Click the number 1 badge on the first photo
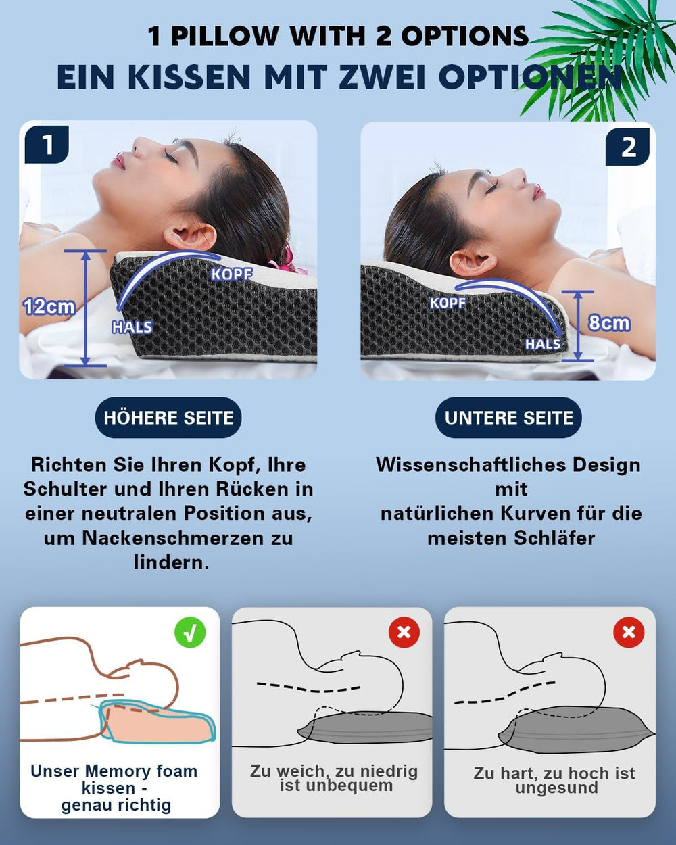(x=47, y=144)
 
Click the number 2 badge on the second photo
(x=628, y=147)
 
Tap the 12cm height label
(x=49, y=306)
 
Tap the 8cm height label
(x=608, y=323)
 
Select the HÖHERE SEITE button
(x=168, y=418)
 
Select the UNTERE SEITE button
(x=508, y=418)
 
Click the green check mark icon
(x=190, y=632)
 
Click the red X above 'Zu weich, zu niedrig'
(x=404, y=632)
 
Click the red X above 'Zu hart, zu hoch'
(x=628, y=632)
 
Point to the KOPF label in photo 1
(x=231, y=274)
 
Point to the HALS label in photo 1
(x=132, y=327)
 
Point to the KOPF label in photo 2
(x=448, y=303)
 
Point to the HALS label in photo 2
(x=543, y=344)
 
